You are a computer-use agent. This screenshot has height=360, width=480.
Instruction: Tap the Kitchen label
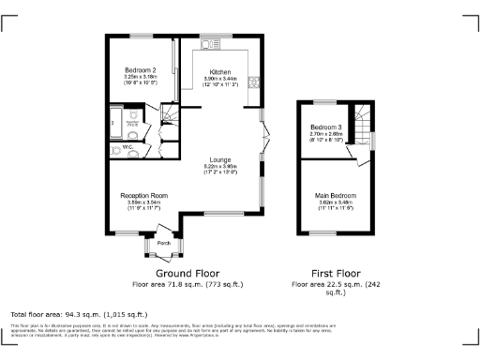point(220,72)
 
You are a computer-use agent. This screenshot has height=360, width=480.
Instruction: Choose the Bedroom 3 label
point(325,127)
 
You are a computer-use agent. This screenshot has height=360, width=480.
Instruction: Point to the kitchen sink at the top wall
point(209,44)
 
